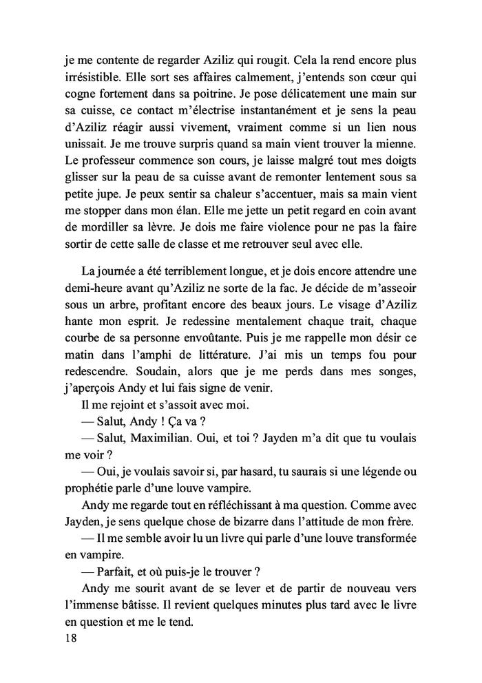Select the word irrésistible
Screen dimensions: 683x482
click(89, 77)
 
